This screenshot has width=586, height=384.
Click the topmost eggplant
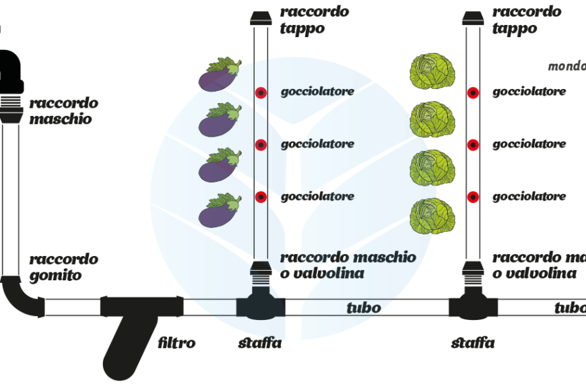(x=220, y=75)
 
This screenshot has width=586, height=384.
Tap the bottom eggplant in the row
(x=220, y=210)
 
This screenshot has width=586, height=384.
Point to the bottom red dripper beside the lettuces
(x=474, y=197)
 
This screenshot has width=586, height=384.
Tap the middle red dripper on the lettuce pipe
(x=474, y=144)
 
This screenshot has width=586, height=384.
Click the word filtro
(x=176, y=343)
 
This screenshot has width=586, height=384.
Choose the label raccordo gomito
(x=63, y=267)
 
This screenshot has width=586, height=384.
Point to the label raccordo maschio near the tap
(x=63, y=111)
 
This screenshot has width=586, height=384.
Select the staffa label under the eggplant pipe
(x=260, y=343)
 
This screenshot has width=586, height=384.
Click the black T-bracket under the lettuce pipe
(x=474, y=307)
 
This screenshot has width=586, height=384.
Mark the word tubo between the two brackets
(x=364, y=308)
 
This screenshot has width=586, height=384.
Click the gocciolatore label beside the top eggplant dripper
(x=317, y=92)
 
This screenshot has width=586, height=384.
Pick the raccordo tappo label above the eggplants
(x=315, y=20)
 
